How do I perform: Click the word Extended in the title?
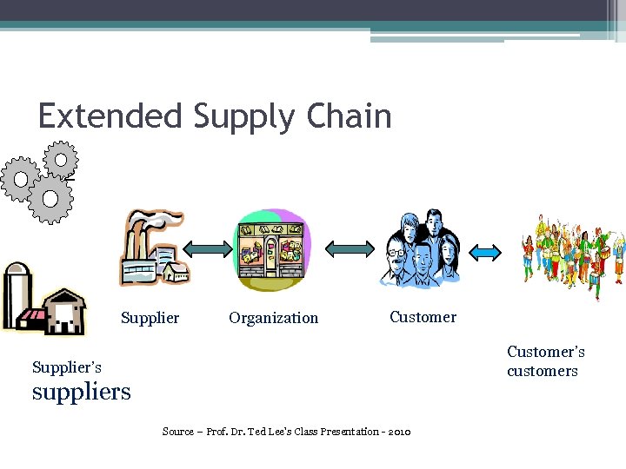point(110,116)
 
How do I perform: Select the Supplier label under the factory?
point(150,318)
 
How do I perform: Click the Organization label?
point(273,318)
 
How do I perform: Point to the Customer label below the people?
point(423,317)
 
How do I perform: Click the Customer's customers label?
point(545,361)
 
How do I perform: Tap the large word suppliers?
point(81,392)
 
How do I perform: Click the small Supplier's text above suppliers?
point(66,367)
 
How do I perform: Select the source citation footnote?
point(286,432)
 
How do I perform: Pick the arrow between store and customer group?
point(349,249)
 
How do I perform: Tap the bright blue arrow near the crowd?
point(485,252)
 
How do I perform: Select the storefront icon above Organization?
point(272,250)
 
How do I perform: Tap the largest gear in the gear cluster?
point(50,199)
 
